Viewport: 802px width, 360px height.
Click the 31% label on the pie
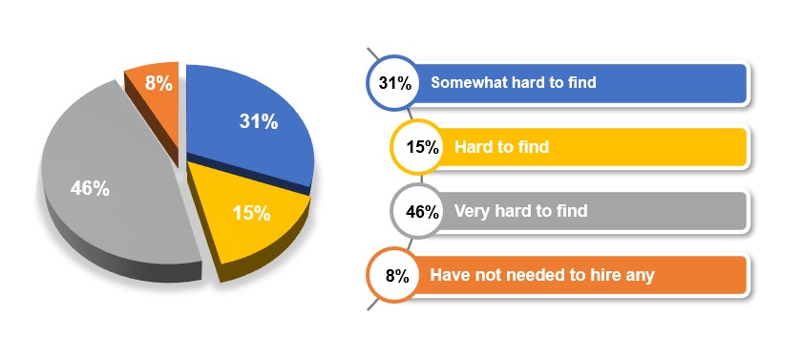[x=259, y=121]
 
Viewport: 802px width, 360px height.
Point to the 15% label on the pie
[x=251, y=213]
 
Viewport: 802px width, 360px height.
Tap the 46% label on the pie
[x=90, y=189]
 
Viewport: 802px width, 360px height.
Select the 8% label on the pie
[x=158, y=83]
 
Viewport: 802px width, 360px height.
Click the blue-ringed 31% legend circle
[x=393, y=83]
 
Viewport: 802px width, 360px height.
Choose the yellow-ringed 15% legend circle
[x=417, y=147]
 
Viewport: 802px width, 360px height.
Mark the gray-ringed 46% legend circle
[x=417, y=211]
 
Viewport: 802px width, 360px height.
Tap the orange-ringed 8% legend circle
[x=393, y=276]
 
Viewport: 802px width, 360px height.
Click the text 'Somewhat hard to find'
[x=514, y=82]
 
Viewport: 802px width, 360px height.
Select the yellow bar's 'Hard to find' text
[x=502, y=147]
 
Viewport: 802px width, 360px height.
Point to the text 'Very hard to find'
[x=520, y=211]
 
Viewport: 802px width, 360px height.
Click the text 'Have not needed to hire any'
[x=542, y=276]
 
